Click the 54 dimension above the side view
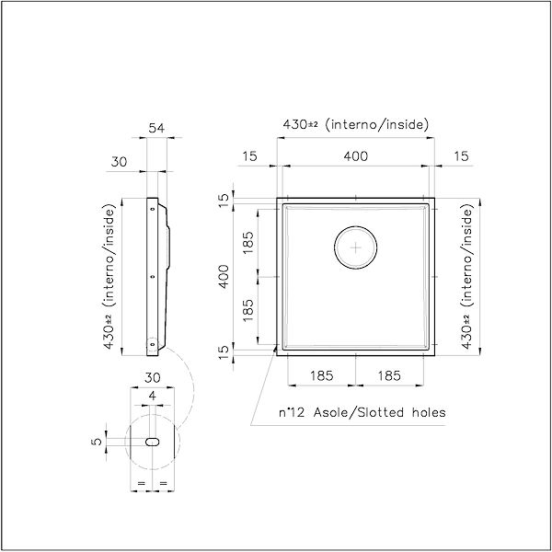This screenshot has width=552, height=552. point(156,128)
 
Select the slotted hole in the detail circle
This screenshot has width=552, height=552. point(153,442)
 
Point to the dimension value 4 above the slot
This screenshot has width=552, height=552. point(152,396)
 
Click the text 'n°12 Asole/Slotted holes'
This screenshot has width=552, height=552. point(362,412)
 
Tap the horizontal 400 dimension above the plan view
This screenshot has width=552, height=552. point(355,156)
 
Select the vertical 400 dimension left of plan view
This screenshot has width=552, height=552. point(224,277)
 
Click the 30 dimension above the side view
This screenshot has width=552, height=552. point(119,162)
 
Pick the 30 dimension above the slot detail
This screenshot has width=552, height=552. point(153,378)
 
